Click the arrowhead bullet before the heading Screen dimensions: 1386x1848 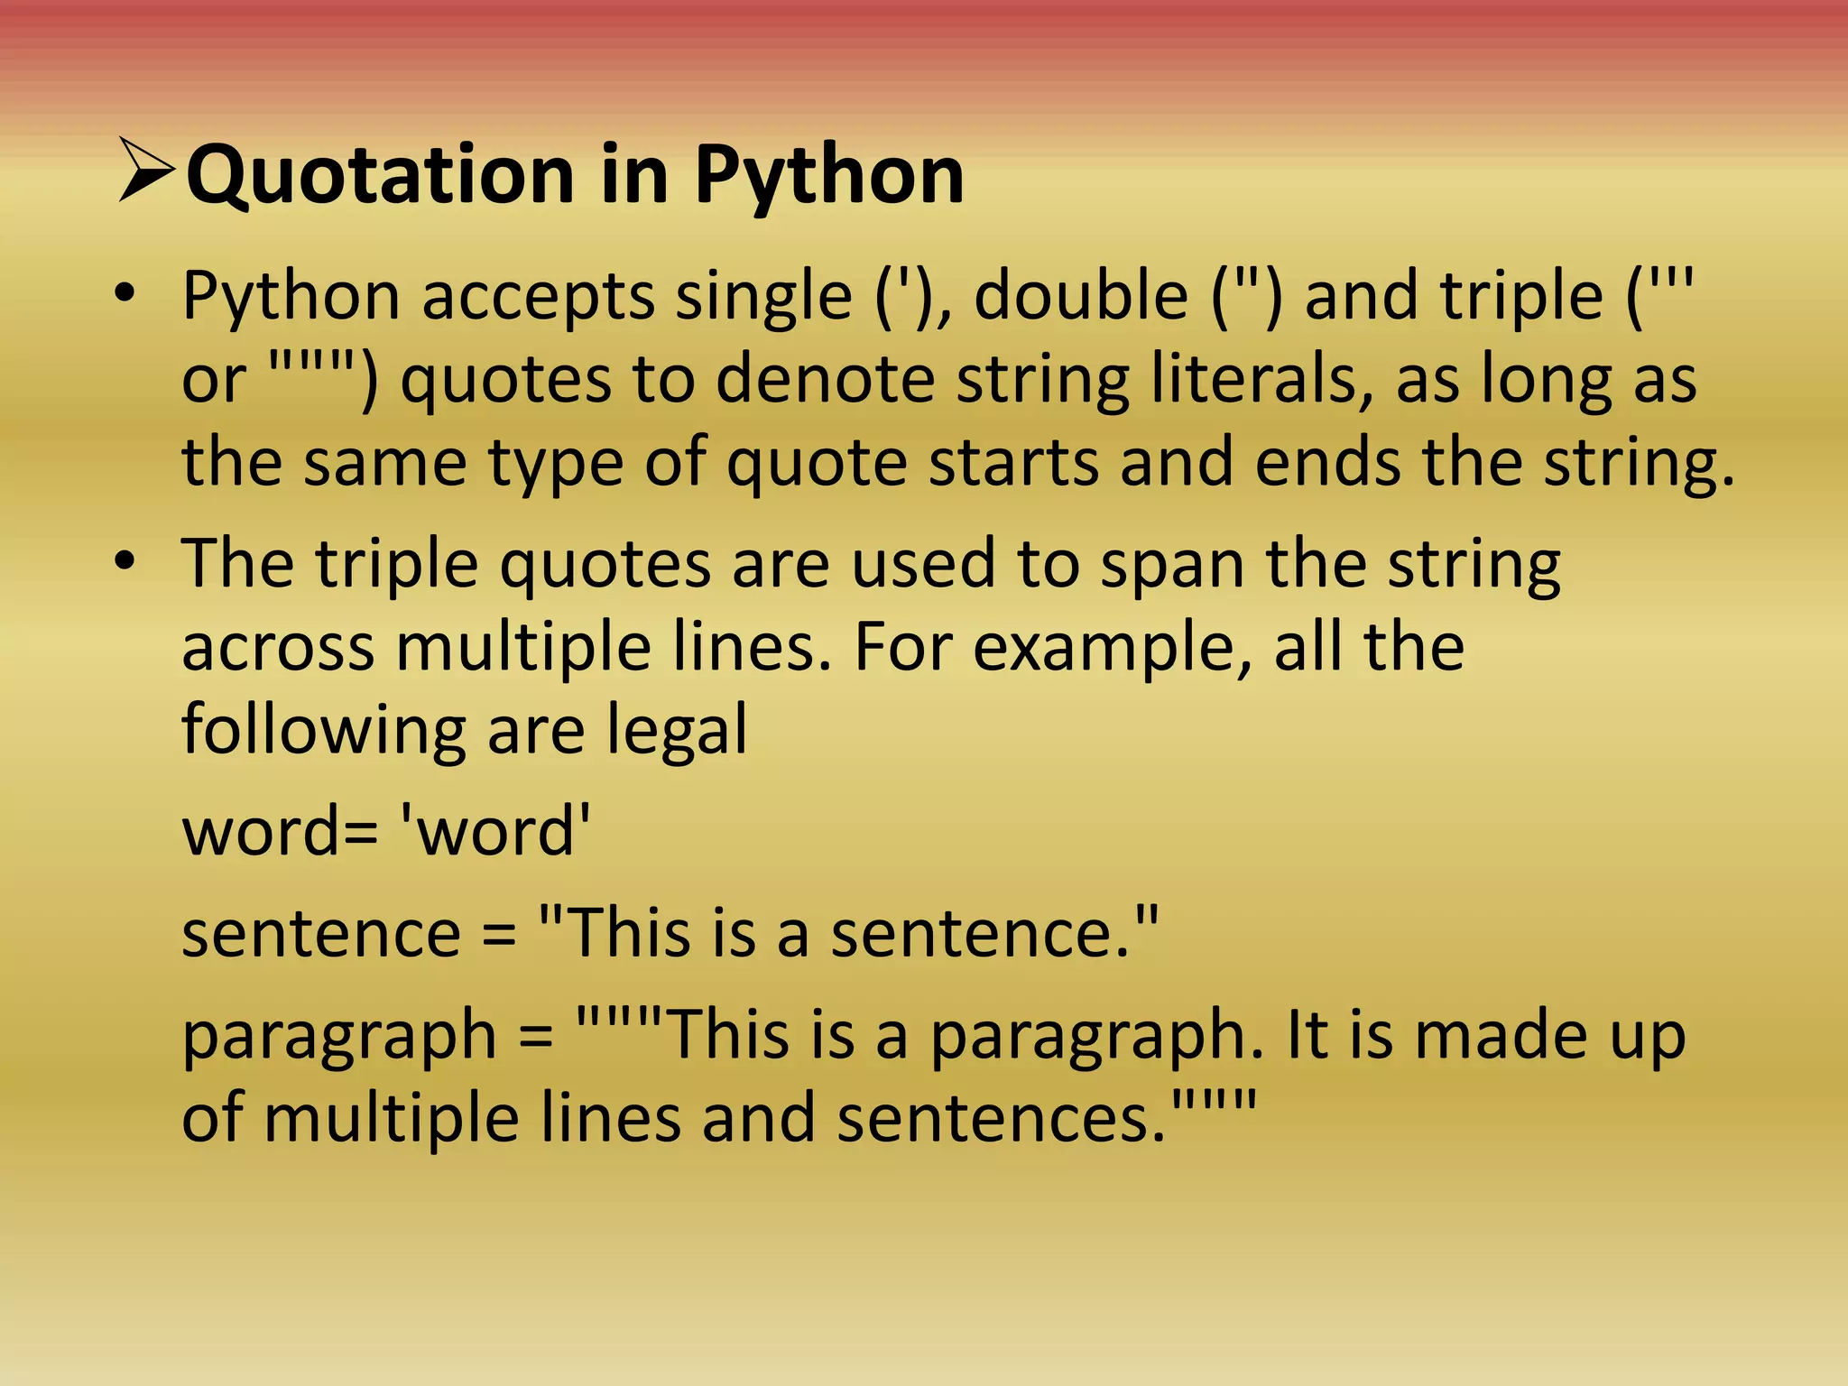coord(146,171)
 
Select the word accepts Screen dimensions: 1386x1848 coord(538,297)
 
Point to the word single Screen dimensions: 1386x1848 coord(763,297)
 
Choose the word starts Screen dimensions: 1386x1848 coord(1014,462)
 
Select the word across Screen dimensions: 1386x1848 coord(278,648)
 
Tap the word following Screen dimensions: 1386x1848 coord(324,731)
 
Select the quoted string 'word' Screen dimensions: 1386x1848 coord(495,831)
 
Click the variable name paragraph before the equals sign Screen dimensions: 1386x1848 coord(339,1036)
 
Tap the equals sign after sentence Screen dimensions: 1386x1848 coord(499,935)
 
